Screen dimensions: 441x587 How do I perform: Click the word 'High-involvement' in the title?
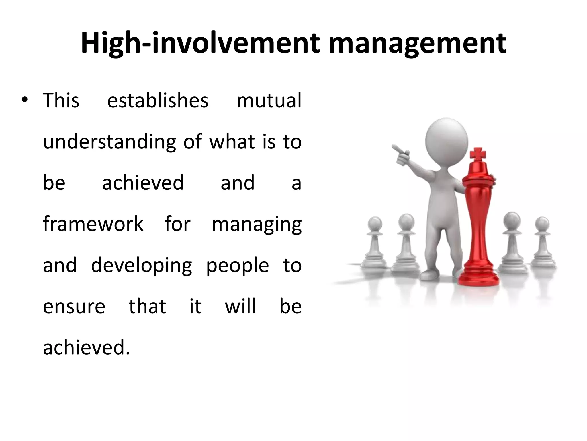tap(200, 44)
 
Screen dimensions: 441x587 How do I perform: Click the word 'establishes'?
tap(158, 100)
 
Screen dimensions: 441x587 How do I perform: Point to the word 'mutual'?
tap(269, 100)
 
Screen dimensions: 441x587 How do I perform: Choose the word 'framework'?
tap(93, 224)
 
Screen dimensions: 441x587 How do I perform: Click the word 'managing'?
tap(257, 225)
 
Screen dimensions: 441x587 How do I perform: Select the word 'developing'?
tap(141, 266)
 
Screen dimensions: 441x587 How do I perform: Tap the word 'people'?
tap(237, 266)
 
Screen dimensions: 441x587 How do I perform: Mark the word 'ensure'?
tap(74, 307)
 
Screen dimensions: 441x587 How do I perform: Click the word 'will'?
tap(240, 306)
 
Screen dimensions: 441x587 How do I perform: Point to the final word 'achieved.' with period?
tap(86, 347)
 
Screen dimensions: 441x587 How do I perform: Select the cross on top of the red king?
tap(478, 154)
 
